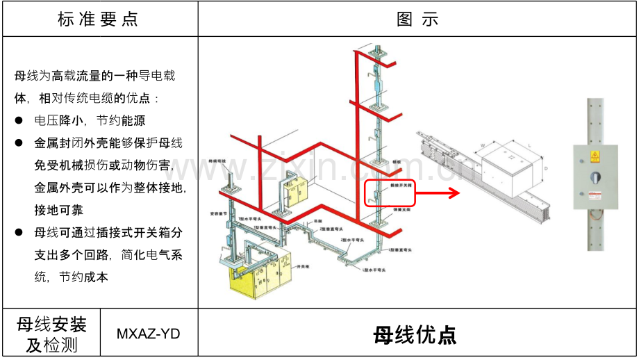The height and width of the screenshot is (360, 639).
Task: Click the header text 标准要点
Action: [98, 19]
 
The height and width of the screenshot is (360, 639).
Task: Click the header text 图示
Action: [417, 19]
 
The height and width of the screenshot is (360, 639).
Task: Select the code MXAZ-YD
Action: [148, 334]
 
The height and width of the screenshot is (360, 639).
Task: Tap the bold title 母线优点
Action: [415, 335]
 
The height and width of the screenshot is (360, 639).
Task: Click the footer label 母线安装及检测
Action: [52, 334]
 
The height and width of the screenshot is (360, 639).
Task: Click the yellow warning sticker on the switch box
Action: [595, 156]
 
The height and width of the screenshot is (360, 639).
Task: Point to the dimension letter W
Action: [481, 145]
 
